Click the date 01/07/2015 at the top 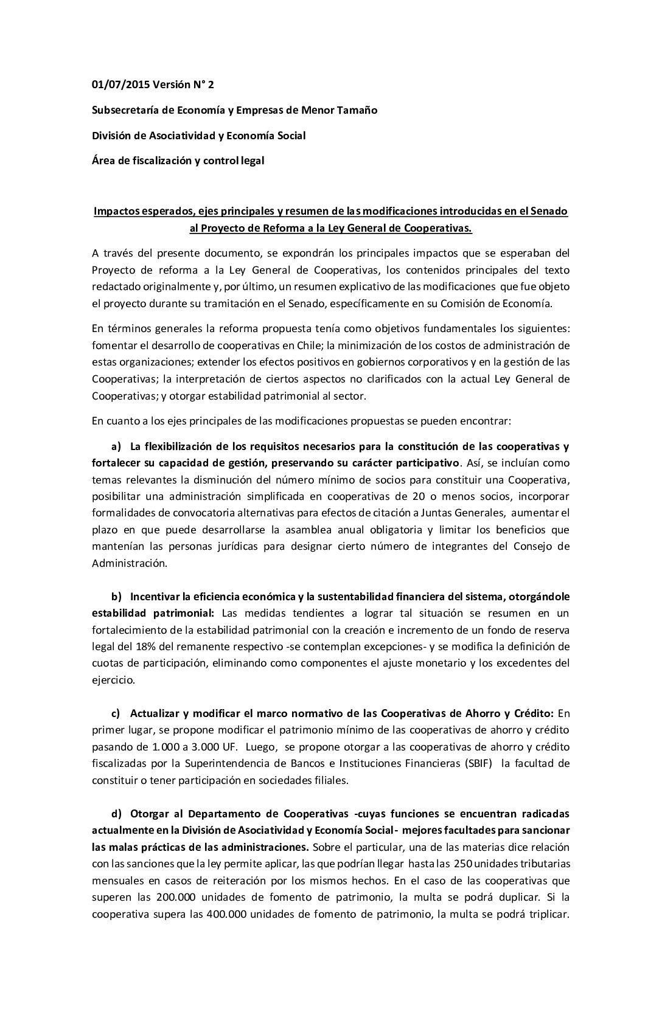(x=119, y=85)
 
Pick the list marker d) (x=116, y=814)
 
